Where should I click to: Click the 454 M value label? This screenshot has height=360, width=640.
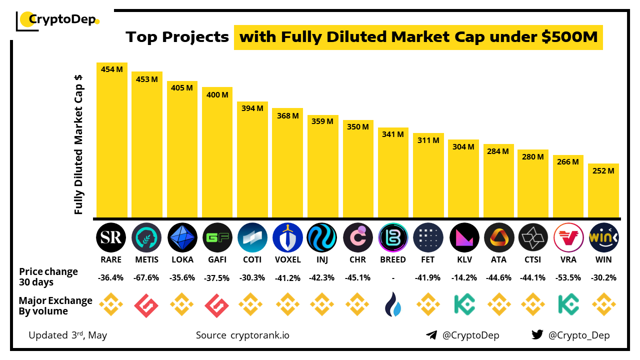(112, 69)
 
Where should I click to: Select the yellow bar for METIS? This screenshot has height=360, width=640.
(147, 150)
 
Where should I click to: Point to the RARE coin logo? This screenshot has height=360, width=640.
(111, 237)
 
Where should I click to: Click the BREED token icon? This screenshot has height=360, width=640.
(393, 237)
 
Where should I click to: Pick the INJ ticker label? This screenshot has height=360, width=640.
(322, 259)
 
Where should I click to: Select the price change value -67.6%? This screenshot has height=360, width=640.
(147, 278)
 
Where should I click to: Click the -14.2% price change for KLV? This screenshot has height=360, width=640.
(463, 278)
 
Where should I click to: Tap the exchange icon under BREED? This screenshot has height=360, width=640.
(393, 304)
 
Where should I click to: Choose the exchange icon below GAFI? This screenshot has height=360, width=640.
(217, 304)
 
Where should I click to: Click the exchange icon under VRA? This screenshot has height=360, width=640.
(568, 304)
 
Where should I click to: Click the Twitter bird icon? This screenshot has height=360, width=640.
(537, 335)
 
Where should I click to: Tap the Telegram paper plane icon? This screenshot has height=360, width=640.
(431, 335)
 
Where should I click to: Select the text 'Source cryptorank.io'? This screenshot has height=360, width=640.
(242, 335)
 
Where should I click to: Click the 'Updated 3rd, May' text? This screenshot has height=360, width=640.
(68, 335)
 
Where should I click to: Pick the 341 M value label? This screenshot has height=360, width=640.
(393, 134)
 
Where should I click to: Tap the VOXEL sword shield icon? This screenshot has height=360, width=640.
(287, 237)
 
